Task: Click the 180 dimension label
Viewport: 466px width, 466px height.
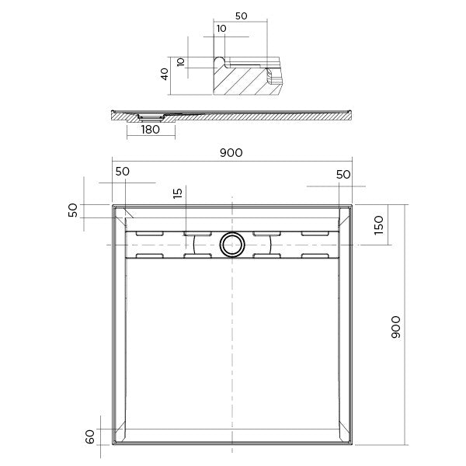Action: pos(150,130)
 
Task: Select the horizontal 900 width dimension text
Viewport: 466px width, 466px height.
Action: pos(231,152)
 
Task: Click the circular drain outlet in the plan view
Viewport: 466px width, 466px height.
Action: pos(231,244)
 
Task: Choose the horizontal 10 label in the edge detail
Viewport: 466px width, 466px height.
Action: pos(223,29)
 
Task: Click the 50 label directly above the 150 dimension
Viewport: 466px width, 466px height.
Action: pos(343,175)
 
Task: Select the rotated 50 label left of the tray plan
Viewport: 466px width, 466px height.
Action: pos(74,211)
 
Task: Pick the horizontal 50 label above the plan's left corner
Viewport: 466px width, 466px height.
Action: pos(123,171)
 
